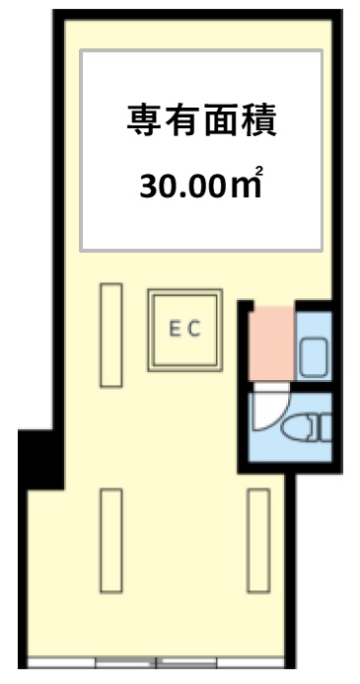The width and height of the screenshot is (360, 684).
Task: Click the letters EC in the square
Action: (x=184, y=329)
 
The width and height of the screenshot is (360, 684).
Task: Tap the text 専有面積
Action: (x=201, y=120)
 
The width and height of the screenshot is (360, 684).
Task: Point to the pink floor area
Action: (x=272, y=343)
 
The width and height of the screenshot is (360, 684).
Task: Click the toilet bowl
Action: (x=296, y=428)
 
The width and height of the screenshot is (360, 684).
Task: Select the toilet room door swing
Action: (x=271, y=410)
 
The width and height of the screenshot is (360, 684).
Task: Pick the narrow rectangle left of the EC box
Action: (x=111, y=335)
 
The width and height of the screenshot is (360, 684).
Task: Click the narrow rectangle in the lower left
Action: (x=111, y=541)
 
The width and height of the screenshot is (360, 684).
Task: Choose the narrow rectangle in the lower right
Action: (x=258, y=541)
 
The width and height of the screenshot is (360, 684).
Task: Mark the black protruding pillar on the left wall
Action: (x=41, y=459)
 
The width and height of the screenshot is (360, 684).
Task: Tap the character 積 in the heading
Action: (x=259, y=120)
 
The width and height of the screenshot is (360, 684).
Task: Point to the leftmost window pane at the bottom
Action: (x=61, y=663)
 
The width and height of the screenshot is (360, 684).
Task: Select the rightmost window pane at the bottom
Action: (x=251, y=663)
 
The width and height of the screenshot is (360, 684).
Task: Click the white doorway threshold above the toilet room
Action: (x=271, y=387)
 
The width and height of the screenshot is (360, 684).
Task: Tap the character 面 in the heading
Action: (x=221, y=120)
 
